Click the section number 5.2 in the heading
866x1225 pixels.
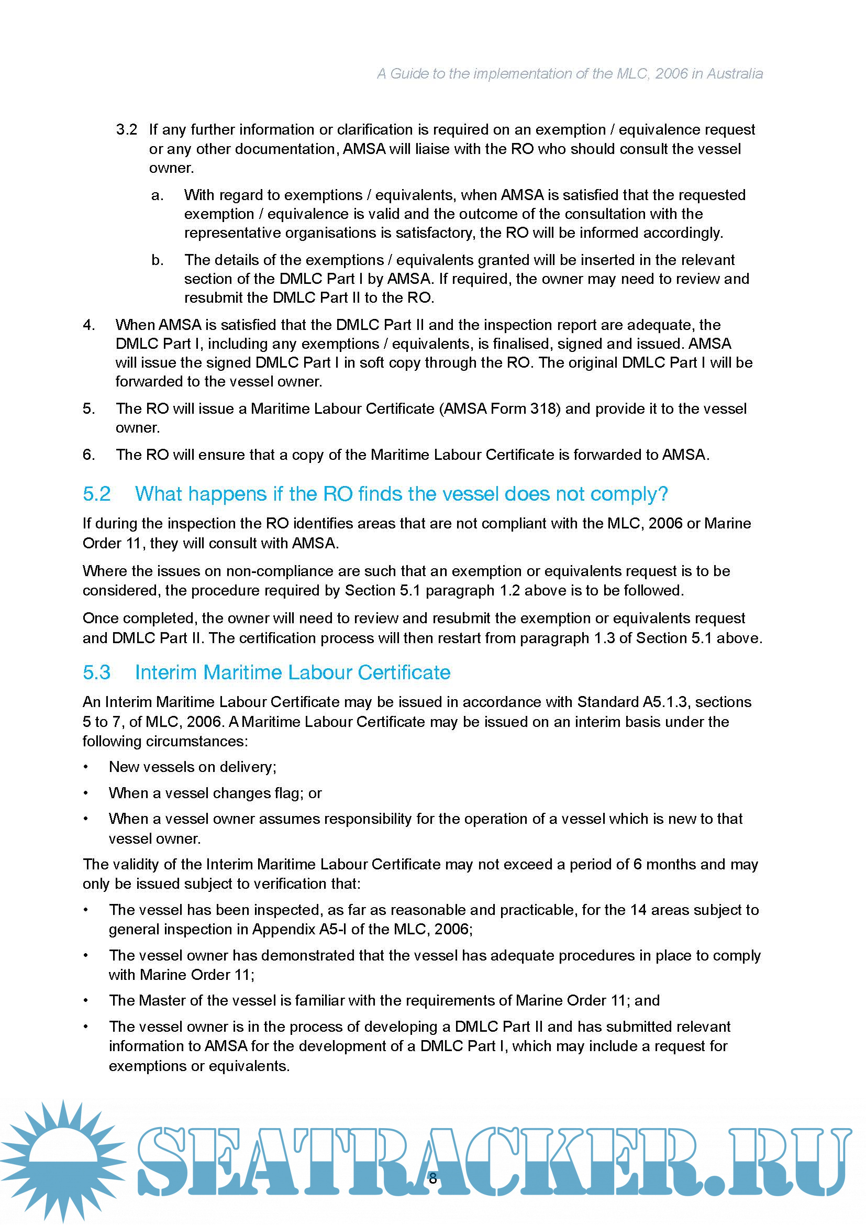(96, 494)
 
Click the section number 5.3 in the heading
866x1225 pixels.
(96, 672)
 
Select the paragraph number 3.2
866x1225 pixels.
(126, 130)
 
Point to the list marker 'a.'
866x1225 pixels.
(157, 195)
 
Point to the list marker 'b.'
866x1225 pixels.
(157, 260)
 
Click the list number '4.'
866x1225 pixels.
(88, 325)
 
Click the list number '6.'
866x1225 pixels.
(88, 455)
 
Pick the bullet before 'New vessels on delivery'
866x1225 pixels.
(86, 767)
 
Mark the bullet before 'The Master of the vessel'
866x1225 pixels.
(86, 1001)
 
